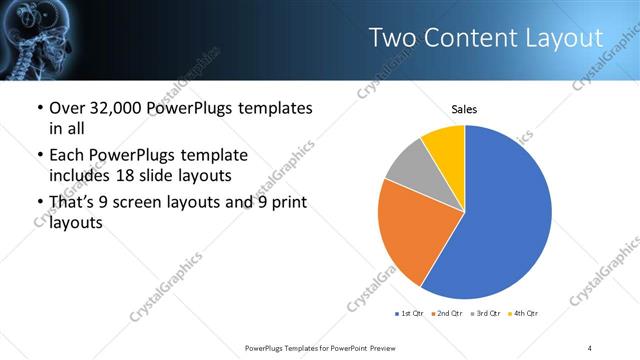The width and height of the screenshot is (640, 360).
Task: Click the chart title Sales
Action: tap(465, 108)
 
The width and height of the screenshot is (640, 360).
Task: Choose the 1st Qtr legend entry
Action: tap(410, 314)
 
